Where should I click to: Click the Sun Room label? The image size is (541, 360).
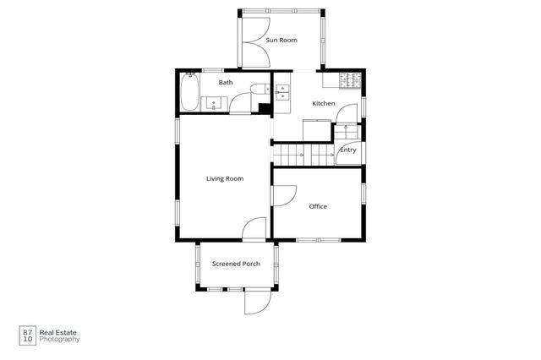click(x=281, y=40)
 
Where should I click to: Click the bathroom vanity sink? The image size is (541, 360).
click(x=215, y=103)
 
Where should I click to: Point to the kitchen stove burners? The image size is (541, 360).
click(x=349, y=82)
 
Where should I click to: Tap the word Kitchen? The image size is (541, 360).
click(x=324, y=104)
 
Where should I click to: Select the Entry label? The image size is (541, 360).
click(x=347, y=150)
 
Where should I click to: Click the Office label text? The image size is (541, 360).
click(x=318, y=206)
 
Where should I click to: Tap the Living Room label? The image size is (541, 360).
click(x=225, y=178)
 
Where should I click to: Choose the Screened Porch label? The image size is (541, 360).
click(x=236, y=265)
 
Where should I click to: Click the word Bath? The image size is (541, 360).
click(x=226, y=83)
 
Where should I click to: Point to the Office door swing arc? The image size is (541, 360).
click(x=284, y=198)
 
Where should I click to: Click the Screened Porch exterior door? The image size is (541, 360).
click(x=258, y=302)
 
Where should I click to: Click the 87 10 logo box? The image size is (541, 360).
click(x=27, y=335)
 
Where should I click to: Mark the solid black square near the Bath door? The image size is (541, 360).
click(x=264, y=107)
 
